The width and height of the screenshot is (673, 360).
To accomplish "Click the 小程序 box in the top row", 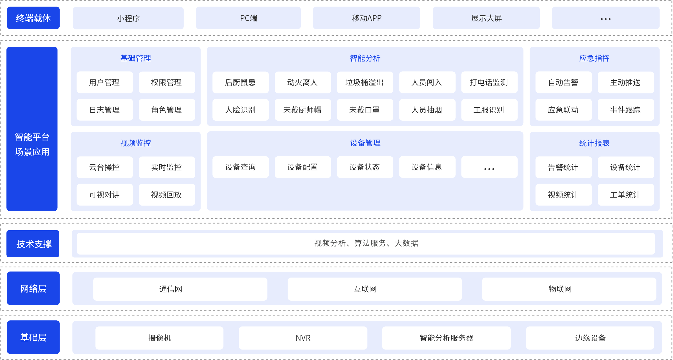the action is pyautogui.click(x=128, y=18).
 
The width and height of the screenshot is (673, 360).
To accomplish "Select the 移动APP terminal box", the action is pyautogui.click(x=366, y=18).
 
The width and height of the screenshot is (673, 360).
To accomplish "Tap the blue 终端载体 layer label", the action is pyautogui.click(x=33, y=18).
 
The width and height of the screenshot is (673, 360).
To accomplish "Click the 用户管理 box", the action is pyautogui.click(x=104, y=82).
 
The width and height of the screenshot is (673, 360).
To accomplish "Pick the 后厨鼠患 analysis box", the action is pyautogui.click(x=240, y=82).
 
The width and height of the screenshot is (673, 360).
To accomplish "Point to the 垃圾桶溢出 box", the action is pyautogui.click(x=365, y=82).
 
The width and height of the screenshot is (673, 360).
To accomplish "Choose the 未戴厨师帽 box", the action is pyautogui.click(x=302, y=110).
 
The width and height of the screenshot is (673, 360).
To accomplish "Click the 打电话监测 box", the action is pyautogui.click(x=489, y=82).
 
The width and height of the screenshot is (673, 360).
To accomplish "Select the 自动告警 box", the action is pyautogui.click(x=563, y=82).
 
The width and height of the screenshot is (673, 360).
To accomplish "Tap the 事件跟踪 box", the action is pyautogui.click(x=625, y=110).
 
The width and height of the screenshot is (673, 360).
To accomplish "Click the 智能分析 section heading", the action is pyautogui.click(x=365, y=58).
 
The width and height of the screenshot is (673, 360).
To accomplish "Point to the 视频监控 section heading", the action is pyautogui.click(x=135, y=143).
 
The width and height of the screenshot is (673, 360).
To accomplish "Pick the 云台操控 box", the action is pyautogui.click(x=104, y=167).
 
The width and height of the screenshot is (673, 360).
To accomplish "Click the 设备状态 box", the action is pyautogui.click(x=365, y=167).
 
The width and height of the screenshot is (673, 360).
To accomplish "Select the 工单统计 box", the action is pyautogui.click(x=625, y=195).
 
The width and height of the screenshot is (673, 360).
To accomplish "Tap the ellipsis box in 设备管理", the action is pyautogui.click(x=489, y=167).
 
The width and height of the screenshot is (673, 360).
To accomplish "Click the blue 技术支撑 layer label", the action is pyautogui.click(x=33, y=244).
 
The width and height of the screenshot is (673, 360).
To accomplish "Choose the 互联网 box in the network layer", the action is pyautogui.click(x=374, y=289).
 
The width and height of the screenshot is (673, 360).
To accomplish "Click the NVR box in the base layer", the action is pyautogui.click(x=303, y=338).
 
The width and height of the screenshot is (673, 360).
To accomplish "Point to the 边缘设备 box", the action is pyautogui.click(x=590, y=338).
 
